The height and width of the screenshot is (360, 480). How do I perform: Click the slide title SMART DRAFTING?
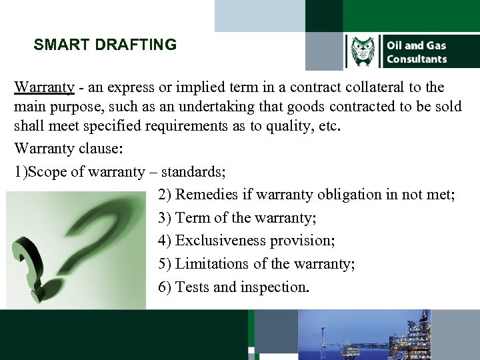pos(105,45)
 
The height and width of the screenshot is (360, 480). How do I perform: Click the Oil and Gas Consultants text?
pos(416,52)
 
